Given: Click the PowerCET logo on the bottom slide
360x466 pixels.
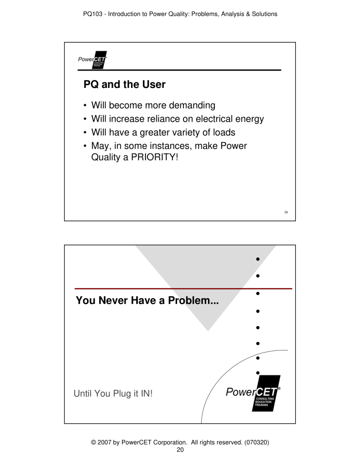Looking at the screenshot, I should [x=254, y=393].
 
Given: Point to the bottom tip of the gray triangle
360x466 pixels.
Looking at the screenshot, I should [x=208, y=331].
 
